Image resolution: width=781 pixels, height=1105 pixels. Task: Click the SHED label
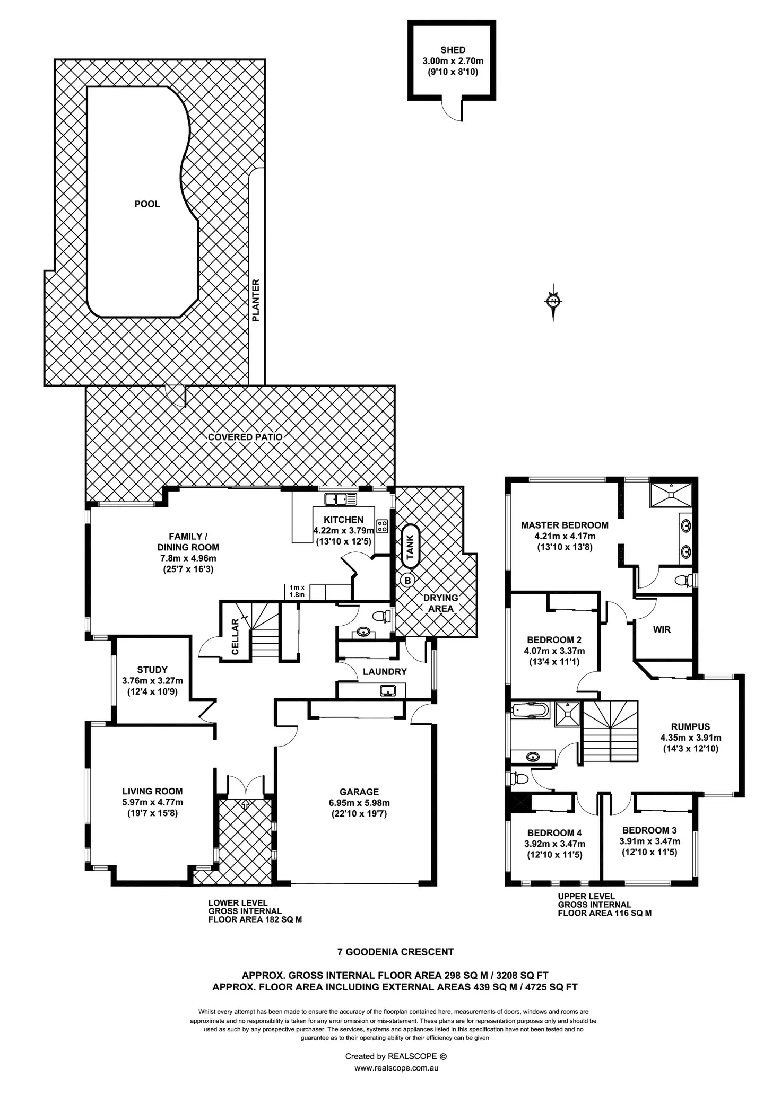point(453,50)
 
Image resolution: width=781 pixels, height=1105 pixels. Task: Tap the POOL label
point(147,204)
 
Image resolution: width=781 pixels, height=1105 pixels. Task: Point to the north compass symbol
point(553,302)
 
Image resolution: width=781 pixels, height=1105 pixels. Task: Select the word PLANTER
point(256,301)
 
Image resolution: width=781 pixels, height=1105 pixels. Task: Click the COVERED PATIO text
point(245,437)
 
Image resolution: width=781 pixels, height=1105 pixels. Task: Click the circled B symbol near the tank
point(407,580)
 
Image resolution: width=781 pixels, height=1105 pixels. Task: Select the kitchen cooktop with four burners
point(382,527)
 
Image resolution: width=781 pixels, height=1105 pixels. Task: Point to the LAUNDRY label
point(385,672)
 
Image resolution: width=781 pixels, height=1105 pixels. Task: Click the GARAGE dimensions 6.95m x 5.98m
point(359,803)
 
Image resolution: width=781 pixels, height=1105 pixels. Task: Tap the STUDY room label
point(152,670)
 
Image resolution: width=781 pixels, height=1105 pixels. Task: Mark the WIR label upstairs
point(662,629)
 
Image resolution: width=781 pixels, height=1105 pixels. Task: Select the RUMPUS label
point(690,727)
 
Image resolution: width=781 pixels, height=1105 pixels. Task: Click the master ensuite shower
point(671,494)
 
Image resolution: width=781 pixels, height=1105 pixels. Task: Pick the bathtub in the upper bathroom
point(531,710)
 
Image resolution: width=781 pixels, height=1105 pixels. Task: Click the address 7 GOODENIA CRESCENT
point(395,952)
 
